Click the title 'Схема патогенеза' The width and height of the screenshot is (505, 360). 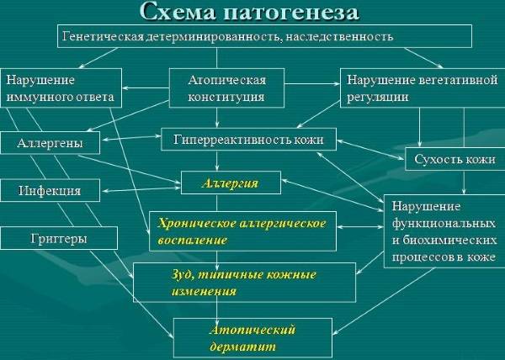point(249,13)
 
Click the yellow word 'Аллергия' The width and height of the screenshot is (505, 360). point(231,183)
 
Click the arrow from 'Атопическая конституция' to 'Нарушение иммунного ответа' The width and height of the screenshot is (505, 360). point(146,87)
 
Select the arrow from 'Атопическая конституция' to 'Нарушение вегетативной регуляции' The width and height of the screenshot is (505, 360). point(312,84)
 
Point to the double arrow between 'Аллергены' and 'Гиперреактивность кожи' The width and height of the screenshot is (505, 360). point(130,138)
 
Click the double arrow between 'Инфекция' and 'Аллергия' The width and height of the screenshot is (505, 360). point(141,189)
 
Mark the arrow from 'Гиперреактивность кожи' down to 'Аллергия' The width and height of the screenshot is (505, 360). point(217,161)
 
